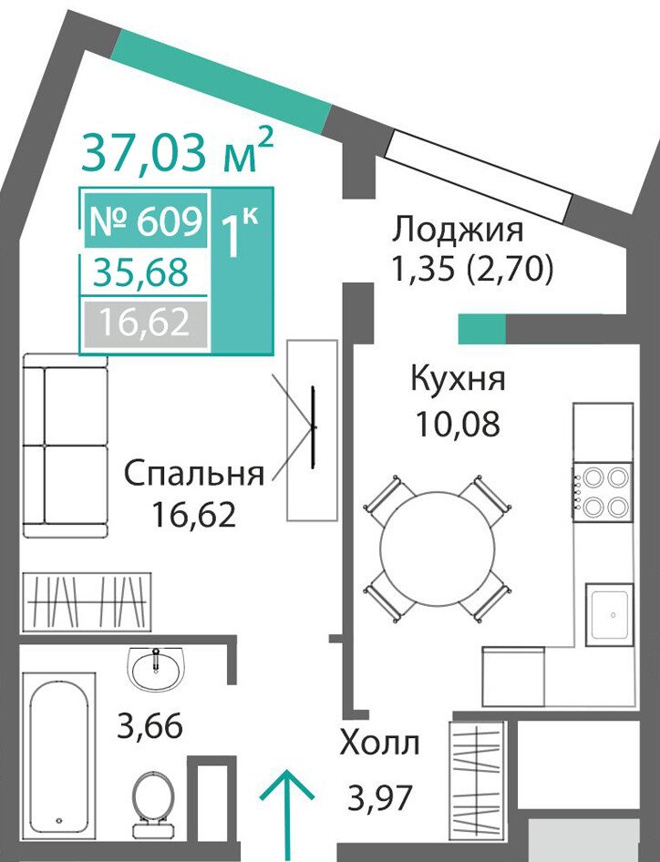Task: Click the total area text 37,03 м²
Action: click(x=177, y=151)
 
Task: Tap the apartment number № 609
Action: click(x=146, y=221)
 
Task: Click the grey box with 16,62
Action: click(x=145, y=323)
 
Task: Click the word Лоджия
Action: click(x=458, y=230)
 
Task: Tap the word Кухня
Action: click(x=459, y=379)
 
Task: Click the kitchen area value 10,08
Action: click(x=458, y=424)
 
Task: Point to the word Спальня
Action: click(x=194, y=474)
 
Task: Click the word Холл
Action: click(x=379, y=744)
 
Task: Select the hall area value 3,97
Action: click(x=379, y=797)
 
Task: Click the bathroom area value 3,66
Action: click(x=150, y=726)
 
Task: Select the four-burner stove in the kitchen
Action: click(x=603, y=490)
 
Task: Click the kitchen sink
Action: click(x=609, y=614)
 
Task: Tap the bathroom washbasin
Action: click(x=156, y=668)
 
